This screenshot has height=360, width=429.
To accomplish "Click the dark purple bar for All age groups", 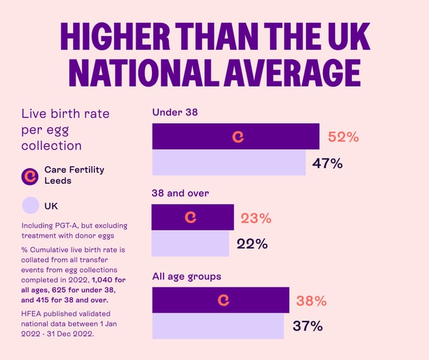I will [189, 300].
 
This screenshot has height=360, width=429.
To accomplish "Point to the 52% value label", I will [343, 136].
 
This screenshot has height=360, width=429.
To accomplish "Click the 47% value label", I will [327, 164].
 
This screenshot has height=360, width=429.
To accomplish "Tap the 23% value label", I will [256, 219].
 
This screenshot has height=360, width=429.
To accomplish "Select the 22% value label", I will [252, 244].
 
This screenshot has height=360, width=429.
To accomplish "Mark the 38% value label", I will [311, 301].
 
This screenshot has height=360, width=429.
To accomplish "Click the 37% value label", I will [307, 326].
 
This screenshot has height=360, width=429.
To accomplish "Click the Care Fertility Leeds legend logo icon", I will [30, 176].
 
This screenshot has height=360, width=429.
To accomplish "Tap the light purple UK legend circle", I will [30, 206].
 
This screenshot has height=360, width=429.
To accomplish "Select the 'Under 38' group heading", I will [173, 112].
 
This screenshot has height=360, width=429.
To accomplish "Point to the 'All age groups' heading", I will [187, 277].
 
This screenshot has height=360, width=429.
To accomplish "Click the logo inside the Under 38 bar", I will [238, 136].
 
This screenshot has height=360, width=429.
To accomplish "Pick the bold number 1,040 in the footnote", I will [104, 279].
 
